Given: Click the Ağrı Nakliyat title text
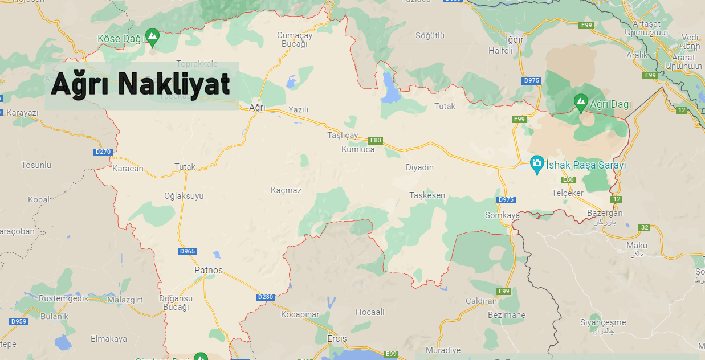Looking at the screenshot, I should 141,85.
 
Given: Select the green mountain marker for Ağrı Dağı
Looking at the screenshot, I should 580,103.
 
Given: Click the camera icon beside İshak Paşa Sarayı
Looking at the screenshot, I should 536,163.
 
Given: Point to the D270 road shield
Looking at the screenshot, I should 104,152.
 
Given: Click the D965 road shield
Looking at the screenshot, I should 188,251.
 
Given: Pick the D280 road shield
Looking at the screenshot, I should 266,297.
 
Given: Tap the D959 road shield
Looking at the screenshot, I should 19,321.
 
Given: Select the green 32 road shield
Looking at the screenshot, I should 644,228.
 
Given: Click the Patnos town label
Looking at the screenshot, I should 209,270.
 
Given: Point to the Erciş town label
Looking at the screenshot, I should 337,338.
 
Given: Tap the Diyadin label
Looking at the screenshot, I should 419,167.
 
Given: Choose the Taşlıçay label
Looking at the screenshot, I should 343,136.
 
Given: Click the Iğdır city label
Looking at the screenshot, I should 498,39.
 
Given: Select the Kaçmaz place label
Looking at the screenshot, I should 286,190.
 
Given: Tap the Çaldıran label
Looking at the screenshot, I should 481,301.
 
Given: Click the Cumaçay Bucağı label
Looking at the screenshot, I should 295,40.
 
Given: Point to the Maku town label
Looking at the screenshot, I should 637,246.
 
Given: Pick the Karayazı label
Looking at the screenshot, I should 22,113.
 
